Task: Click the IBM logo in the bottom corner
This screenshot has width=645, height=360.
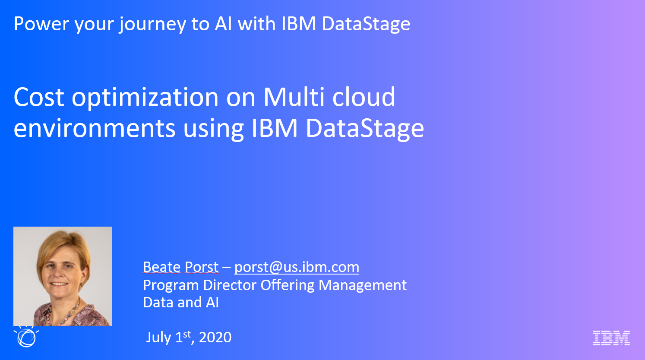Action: click(x=611, y=338)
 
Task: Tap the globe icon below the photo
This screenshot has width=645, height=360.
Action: click(x=26, y=337)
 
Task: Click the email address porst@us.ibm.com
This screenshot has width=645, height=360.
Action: click(x=297, y=267)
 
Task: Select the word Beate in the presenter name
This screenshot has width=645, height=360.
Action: click(x=161, y=267)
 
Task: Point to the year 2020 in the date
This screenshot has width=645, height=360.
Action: click(x=215, y=337)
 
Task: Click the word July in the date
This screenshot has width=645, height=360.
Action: click(x=158, y=338)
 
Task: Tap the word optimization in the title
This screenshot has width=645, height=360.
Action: click(x=145, y=98)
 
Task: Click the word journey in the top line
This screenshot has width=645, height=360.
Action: click(x=152, y=25)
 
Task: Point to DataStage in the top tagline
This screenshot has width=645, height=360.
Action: click(x=366, y=24)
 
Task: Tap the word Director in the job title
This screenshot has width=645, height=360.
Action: click(x=230, y=285)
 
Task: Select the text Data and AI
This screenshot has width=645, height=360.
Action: click(x=181, y=303)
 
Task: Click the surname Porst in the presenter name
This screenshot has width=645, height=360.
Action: click(x=202, y=267)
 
